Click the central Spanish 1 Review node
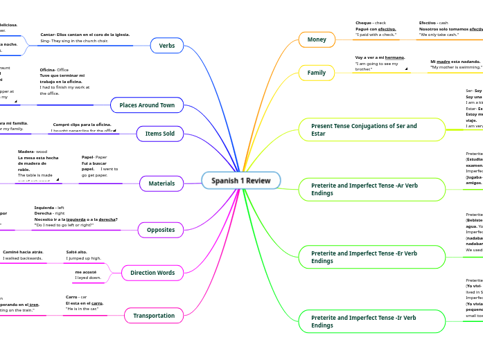pos(241,181)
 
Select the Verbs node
pos(167,46)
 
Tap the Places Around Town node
pos(147,105)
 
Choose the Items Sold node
pos(159,133)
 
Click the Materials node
pos(161,183)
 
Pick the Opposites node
pos(161,230)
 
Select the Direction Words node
pos(152,273)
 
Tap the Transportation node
pos(154,316)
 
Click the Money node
pos(317,39)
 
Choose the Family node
pos(317,73)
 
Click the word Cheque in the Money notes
pos(364,23)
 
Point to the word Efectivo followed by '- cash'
pos(428,23)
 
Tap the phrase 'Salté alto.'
pos(76,252)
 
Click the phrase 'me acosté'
pos(85,272)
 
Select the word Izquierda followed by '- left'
pos(44,208)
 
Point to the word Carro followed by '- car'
pos(71,297)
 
